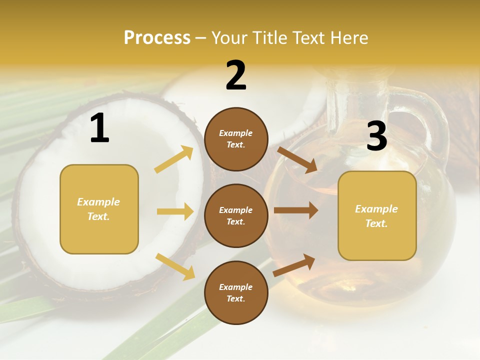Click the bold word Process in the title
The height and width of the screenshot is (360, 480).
tap(157, 38)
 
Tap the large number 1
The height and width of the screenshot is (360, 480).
tap(99, 129)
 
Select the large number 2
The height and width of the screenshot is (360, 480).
tap(236, 76)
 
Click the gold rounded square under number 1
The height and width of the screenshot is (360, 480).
tap(99, 209)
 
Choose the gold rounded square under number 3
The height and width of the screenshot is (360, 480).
tap(377, 215)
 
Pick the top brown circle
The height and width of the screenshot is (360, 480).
tap(236, 139)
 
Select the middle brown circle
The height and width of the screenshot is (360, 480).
tap(236, 215)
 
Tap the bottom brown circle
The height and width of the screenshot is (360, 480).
tap(236, 292)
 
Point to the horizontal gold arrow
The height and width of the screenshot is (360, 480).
tap(175, 211)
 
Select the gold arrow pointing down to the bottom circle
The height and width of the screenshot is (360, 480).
tap(175, 266)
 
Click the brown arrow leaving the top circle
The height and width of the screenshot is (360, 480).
tap(297, 160)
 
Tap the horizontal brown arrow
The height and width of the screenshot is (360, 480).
tap(295, 210)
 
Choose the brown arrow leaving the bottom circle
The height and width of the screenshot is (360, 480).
tap(294, 265)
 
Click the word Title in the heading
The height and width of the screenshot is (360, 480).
tap(270, 38)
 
